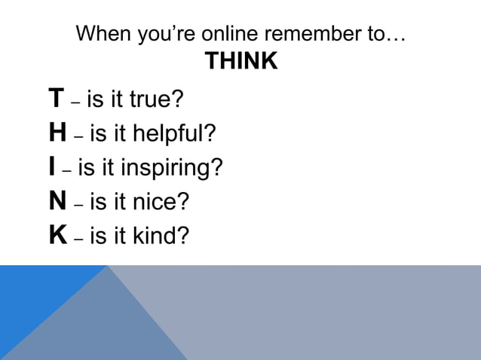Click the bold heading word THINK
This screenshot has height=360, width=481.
coord(241,63)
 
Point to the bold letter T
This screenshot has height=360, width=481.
coord(56,99)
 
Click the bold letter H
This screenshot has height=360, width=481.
coord(57,133)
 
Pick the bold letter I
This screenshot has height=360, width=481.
coord(51,167)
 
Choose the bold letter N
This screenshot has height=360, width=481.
coord(57,201)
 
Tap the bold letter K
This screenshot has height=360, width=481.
coord(57,236)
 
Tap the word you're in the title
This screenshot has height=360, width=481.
coord(154,35)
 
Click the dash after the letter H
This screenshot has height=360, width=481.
coord(78,136)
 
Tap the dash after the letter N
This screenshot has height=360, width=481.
coord(78,204)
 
